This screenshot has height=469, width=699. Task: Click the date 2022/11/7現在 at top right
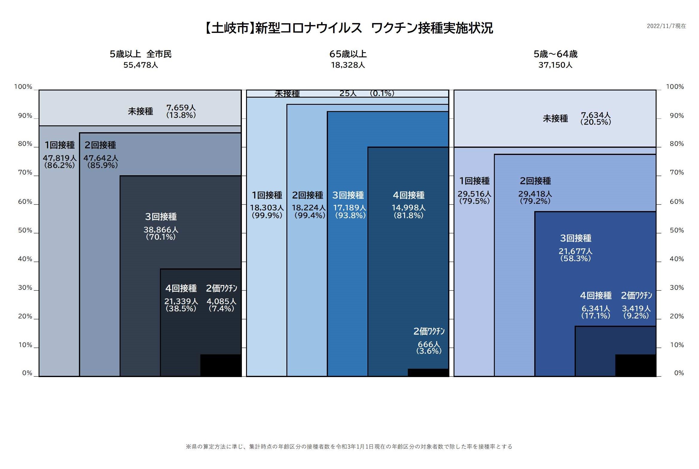click(666, 26)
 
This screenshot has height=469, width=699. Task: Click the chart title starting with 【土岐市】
click(349, 28)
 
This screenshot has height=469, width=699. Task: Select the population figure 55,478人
click(141, 65)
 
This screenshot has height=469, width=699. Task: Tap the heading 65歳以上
click(348, 54)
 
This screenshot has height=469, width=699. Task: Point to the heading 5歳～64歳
click(555, 54)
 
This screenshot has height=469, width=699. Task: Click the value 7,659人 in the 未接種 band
click(181, 107)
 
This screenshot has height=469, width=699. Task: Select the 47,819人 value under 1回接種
click(59, 158)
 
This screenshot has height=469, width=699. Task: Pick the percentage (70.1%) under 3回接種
click(161, 237)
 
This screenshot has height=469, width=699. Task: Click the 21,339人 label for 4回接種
click(181, 301)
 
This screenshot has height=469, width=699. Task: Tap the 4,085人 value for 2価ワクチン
click(221, 301)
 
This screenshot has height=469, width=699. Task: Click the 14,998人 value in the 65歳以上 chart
click(408, 207)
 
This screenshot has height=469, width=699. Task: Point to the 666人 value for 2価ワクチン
click(429, 344)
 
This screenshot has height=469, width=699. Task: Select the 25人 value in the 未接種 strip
click(348, 93)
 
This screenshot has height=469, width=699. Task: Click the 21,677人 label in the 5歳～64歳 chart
click(575, 251)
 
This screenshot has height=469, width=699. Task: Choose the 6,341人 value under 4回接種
click(595, 308)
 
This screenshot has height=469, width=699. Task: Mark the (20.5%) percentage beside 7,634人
click(595, 122)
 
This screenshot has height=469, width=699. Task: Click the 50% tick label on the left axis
click(25, 230)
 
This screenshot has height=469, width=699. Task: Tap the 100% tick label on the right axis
click(675, 87)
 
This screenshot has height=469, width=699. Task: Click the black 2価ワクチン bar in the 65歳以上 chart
click(428, 373)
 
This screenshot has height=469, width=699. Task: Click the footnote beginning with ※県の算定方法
click(349, 447)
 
